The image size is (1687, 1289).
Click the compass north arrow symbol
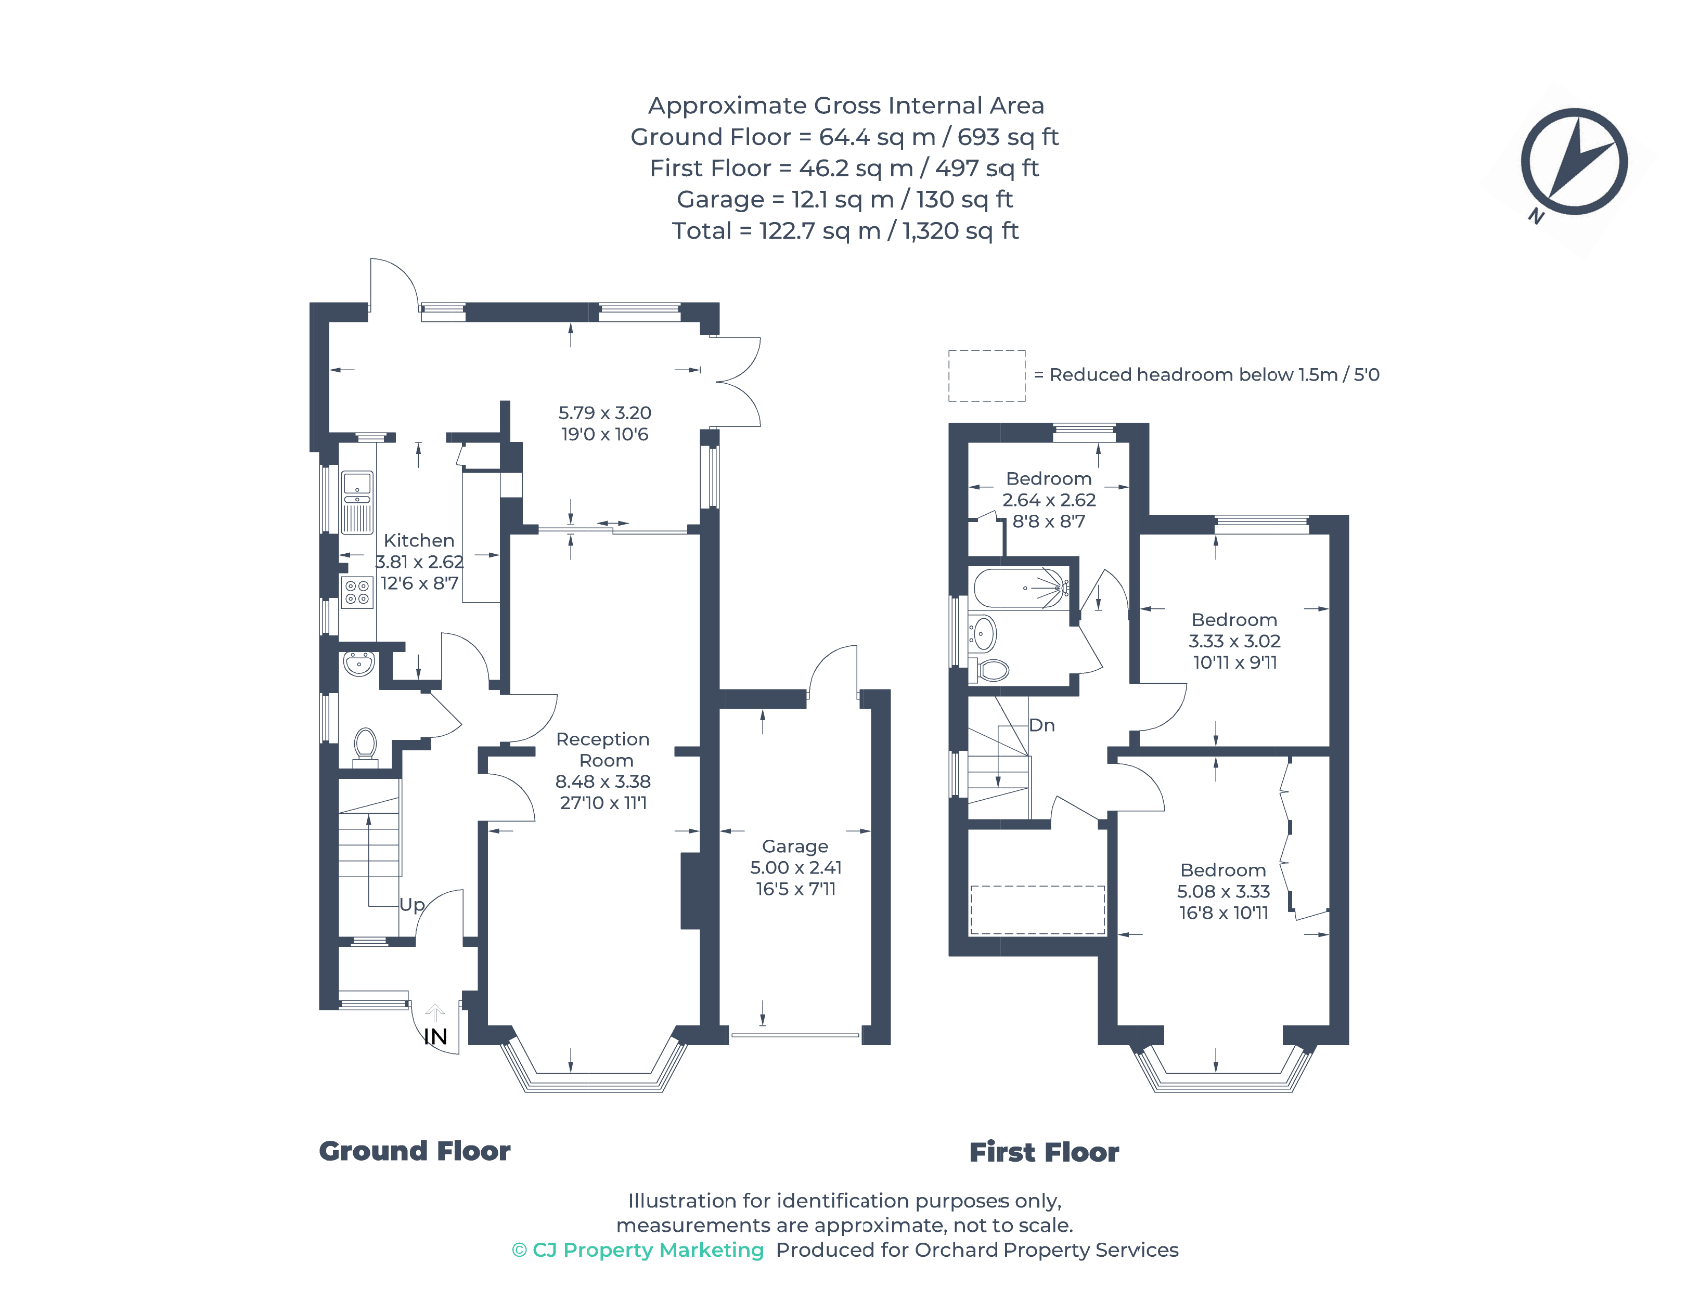1574,162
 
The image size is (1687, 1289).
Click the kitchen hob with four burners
357,592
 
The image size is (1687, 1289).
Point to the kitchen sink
357,503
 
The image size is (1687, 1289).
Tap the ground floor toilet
365,747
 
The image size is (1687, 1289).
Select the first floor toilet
989,670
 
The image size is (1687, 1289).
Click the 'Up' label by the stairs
411,905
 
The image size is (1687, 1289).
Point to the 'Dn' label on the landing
1041,725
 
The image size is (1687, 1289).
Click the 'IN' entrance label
435,1037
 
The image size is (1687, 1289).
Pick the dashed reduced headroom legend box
986,376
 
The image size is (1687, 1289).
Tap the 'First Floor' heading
1044,1152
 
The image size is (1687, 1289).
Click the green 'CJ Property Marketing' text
638,1250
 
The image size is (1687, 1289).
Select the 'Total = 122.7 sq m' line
845,231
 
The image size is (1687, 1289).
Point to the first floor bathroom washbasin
983,634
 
